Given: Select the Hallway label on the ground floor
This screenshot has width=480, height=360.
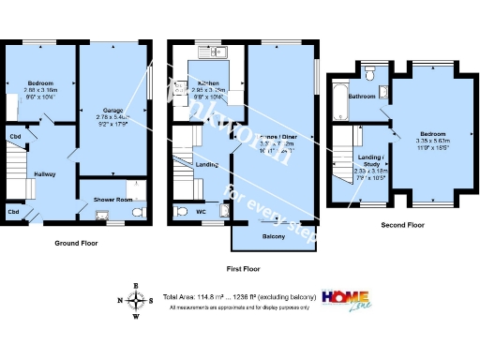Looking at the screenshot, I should [x=45, y=173].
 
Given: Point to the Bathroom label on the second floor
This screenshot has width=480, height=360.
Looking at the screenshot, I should [x=362, y=97].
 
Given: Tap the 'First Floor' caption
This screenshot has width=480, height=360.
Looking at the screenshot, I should [x=245, y=267].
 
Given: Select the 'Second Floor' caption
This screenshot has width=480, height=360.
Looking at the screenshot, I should [x=402, y=225].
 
